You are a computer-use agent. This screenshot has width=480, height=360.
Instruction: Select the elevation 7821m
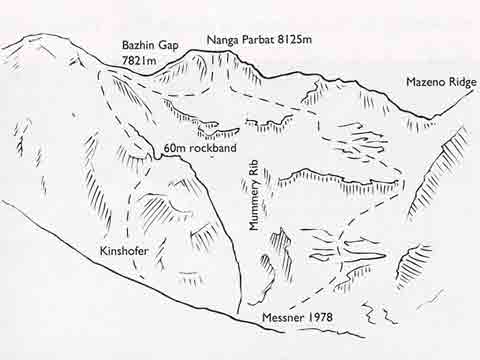[139, 60]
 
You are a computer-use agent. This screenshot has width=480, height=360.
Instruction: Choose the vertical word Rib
[255, 172]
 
